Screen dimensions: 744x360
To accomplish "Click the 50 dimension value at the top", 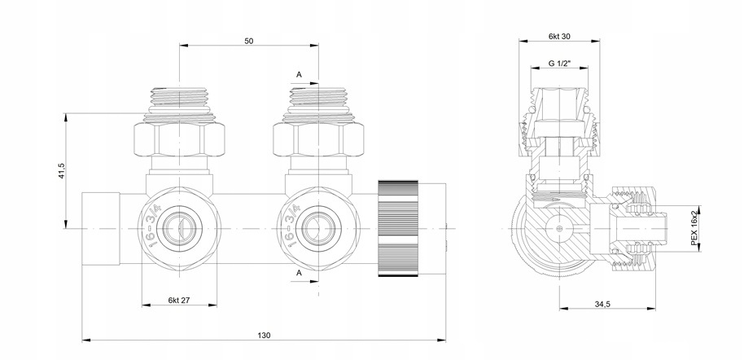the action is pos(248,42).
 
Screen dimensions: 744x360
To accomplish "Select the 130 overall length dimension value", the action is pos(265,336).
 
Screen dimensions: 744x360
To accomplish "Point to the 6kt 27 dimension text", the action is pos(179,301).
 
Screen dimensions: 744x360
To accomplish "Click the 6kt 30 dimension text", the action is pos(559,37).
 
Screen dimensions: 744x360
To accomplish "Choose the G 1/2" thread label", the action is pos(559,64).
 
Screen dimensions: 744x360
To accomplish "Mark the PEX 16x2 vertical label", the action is pos(694,228).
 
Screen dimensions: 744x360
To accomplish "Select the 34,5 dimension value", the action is pos(602,304).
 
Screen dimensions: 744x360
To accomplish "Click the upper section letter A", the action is pos(299,75).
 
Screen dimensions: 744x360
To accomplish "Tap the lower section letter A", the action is pos(299,273).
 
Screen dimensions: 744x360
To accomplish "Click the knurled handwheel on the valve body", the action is pos(398,228).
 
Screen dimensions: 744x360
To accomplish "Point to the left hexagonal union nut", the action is pos(179,139).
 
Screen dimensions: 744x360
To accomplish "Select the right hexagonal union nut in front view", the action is pos(318,139).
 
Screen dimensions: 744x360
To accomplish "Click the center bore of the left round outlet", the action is pos(179,228).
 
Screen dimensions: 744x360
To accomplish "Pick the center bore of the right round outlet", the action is pos(318,228).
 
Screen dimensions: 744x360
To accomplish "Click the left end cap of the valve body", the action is pos(101,228).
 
